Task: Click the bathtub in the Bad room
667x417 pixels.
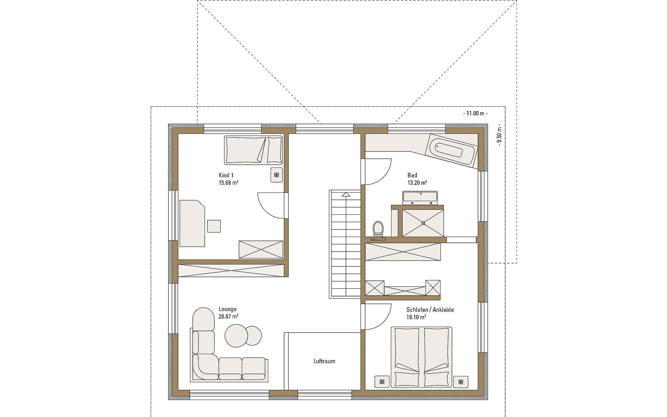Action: [x=452, y=151]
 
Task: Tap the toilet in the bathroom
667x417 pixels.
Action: [x=378, y=230]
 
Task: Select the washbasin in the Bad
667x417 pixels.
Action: [x=420, y=197]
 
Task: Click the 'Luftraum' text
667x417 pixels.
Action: [x=324, y=361]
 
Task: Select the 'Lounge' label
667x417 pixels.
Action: [x=228, y=309]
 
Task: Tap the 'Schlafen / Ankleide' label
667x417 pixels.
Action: [x=430, y=310]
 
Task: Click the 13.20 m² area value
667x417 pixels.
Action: [x=417, y=182]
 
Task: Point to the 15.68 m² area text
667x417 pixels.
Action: [x=228, y=182]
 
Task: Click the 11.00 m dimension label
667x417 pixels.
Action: [x=476, y=113]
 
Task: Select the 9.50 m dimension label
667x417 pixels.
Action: [x=499, y=136]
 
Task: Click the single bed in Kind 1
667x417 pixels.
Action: [x=253, y=150]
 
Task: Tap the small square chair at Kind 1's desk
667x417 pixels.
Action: [x=214, y=226]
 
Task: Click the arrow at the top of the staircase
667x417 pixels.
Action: [x=346, y=195]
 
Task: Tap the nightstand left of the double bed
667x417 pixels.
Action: [x=382, y=382]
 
